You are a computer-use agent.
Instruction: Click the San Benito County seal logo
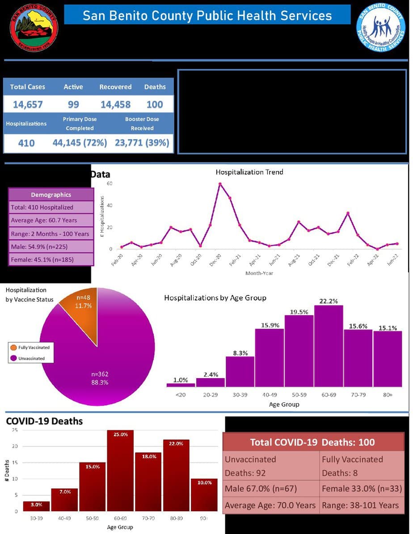[34, 28]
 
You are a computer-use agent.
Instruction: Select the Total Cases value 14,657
[28, 104]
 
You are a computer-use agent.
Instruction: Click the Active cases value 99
[73, 104]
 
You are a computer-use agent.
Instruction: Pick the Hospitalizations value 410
[26, 143]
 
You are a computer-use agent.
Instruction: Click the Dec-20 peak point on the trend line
[220, 184]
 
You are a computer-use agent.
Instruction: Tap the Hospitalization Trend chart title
[249, 172]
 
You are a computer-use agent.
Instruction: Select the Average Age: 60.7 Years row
[51, 220]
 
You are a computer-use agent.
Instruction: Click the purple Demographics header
[51, 195]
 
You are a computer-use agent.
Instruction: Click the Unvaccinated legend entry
[31, 358]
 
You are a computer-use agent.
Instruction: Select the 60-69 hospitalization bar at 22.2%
[329, 346]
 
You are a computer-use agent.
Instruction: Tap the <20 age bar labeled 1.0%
[181, 384]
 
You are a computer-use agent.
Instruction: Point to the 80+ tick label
[388, 395]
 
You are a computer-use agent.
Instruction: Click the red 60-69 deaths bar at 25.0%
[120, 471]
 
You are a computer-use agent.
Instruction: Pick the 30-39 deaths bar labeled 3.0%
[37, 506]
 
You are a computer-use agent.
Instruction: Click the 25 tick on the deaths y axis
[14, 430]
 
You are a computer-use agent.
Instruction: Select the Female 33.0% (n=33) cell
[361, 489]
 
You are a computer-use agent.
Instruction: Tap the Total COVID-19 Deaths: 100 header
[312, 442]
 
